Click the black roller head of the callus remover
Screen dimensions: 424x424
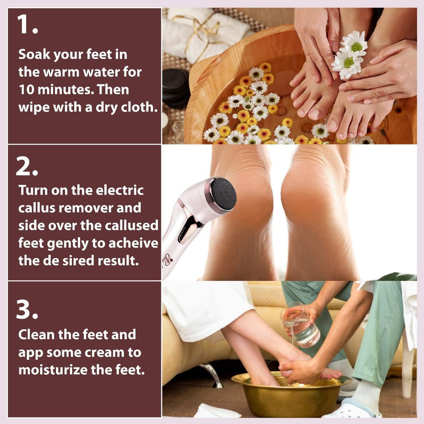tap(223, 193)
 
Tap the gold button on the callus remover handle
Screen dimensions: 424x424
tap(191, 226)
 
